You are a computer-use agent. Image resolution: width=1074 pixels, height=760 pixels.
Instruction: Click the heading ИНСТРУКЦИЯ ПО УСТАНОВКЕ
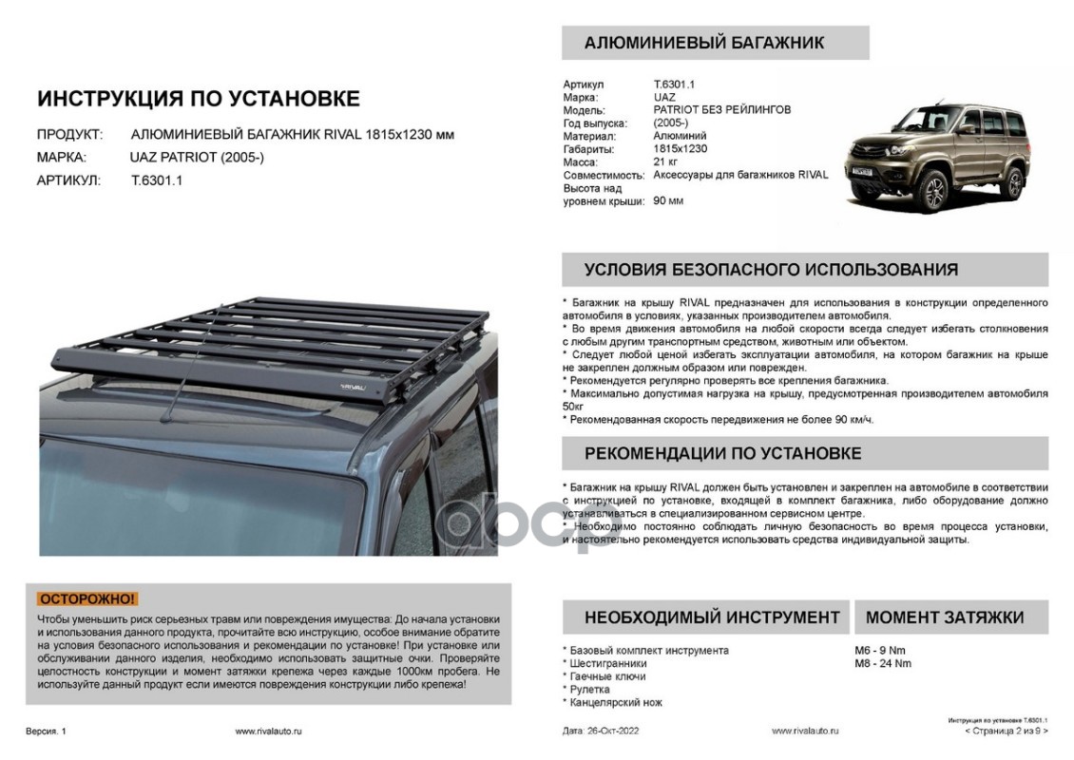tap(198, 99)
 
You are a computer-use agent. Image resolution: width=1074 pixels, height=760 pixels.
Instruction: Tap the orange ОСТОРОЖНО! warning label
tap(87, 598)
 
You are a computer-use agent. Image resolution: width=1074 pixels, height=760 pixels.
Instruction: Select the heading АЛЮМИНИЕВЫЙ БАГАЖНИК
tap(703, 43)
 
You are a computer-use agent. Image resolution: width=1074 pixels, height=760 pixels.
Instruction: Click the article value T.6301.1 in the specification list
tap(674, 85)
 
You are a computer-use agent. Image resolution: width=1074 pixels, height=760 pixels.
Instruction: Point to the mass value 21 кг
tap(665, 161)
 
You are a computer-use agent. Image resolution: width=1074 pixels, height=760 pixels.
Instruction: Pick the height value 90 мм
tap(668, 200)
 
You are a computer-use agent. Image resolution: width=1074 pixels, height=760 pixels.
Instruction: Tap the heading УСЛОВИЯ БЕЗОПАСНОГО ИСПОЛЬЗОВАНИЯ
tap(771, 270)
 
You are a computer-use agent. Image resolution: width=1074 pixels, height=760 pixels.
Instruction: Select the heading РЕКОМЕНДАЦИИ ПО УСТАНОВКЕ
tap(722, 453)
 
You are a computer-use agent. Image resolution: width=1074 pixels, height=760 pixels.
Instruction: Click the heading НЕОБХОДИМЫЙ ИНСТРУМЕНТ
tap(712, 617)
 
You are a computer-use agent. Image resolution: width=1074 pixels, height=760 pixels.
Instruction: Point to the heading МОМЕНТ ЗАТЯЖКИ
tap(944, 617)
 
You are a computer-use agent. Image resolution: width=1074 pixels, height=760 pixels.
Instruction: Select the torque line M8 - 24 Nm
tap(883, 663)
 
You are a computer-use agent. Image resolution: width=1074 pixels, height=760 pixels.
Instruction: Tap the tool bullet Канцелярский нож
tap(616, 702)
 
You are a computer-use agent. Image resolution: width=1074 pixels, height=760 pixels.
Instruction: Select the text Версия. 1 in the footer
tap(47, 731)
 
